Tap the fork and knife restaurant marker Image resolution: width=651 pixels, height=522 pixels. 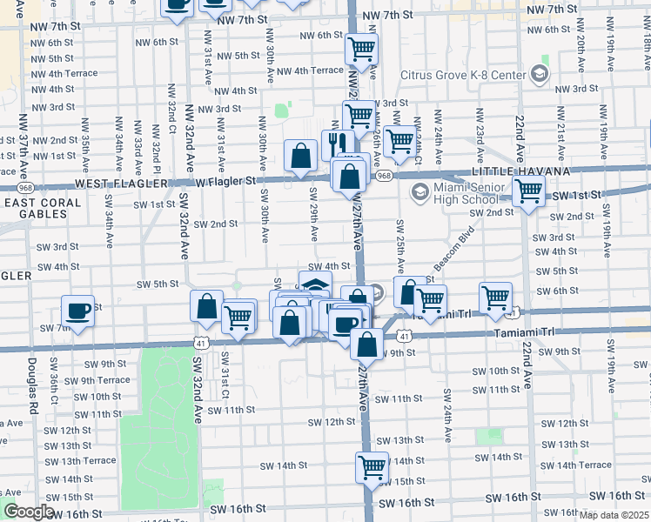[x=336, y=143]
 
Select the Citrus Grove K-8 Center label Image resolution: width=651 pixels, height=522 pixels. [x=462, y=74]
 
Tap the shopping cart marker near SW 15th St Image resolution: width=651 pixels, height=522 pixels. [x=372, y=466]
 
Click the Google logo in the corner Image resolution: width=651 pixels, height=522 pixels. [x=29, y=512]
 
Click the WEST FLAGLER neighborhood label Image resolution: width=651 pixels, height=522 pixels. [x=118, y=184]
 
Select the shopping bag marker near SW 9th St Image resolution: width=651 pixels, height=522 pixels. [x=367, y=343]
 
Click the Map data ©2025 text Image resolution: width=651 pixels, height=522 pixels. [x=614, y=515]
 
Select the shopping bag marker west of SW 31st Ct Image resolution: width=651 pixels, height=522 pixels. [x=207, y=305]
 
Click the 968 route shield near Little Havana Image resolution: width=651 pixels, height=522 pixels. [x=384, y=176]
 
